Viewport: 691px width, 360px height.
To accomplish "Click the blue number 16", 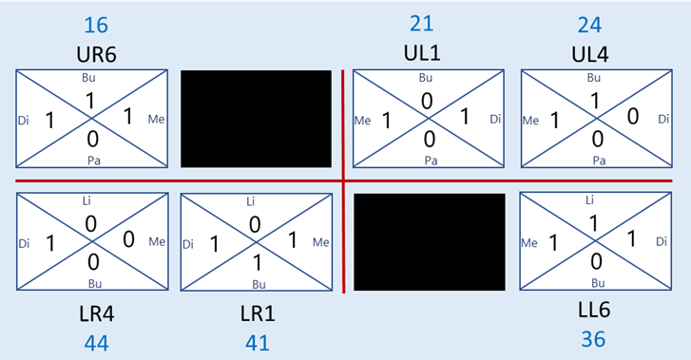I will [95, 24].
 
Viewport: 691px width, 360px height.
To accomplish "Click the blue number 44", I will [96, 342].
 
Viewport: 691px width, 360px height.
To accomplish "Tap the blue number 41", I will [257, 342].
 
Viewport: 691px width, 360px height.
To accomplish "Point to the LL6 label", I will [592, 311].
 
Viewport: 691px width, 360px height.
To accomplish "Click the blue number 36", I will [592, 339].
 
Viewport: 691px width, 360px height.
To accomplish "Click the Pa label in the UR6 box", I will [93, 161].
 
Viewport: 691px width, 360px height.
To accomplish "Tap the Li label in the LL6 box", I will [592, 199].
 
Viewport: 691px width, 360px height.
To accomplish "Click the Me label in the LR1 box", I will [320, 242].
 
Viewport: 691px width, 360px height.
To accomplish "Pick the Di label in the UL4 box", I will [662, 120].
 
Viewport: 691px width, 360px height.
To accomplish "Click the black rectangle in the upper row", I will [257, 119].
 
